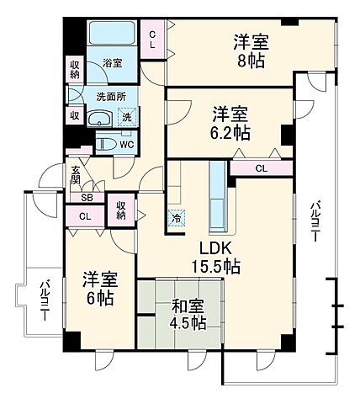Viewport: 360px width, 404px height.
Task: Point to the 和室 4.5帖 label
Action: [186, 314]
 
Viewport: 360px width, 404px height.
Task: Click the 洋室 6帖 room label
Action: [99, 288]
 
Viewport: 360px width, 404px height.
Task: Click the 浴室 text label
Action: [113, 62]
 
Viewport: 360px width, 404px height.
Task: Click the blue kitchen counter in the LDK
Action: [219, 196]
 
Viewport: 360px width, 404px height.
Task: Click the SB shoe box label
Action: [87, 198]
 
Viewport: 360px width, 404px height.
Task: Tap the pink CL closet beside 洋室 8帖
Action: [154, 40]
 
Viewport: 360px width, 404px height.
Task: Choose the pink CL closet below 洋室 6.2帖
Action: [262, 168]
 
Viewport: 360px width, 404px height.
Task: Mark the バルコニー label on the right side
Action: [314, 221]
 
